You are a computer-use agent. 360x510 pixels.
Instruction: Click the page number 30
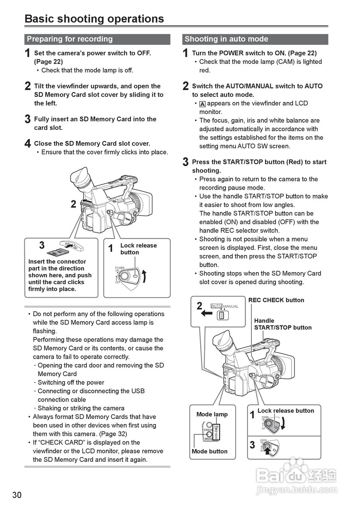(x=17, y=495)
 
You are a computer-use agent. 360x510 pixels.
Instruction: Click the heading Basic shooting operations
(x=94, y=19)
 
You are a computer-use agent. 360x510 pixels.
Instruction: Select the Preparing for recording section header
(x=70, y=39)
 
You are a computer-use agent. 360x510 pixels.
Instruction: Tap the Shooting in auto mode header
(x=226, y=39)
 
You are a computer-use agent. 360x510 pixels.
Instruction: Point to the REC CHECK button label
(x=276, y=300)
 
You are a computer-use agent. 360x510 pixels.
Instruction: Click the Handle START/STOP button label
(x=283, y=324)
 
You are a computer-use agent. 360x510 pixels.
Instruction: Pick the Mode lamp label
(x=212, y=414)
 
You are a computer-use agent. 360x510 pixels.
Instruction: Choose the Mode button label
(x=209, y=451)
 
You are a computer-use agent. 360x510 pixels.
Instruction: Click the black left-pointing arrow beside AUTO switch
(x=207, y=313)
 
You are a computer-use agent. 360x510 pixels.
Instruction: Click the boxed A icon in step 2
(x=203, y=104)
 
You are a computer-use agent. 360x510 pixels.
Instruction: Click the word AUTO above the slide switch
(x=216, y=306)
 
